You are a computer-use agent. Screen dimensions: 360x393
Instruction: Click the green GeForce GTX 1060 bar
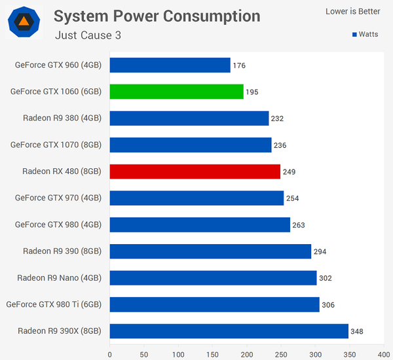(x=176, y=92)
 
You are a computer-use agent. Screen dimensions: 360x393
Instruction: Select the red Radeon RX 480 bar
(x=195, y=171)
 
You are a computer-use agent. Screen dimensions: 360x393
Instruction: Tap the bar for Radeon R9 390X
(x=229, y=331)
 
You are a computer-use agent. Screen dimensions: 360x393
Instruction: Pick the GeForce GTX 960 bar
(x=170, y=65)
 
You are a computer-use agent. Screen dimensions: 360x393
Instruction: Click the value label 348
(x=357, y=331)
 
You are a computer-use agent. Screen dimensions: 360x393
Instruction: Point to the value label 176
(x=239, y=65)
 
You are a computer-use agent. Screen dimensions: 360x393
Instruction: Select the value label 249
(x=289, y=172)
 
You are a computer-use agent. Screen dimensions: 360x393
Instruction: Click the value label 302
(x=326, y=278)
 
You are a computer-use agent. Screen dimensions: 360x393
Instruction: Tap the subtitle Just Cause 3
(x=88, y=35)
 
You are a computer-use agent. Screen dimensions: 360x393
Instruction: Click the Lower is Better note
(x=352, y=11)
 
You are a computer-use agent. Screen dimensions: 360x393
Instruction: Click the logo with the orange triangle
(x=24, y=23)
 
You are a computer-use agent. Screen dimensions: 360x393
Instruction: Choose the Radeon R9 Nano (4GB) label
(x=60, y=278)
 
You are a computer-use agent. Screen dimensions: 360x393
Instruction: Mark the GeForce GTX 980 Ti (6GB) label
(x=54, y=304)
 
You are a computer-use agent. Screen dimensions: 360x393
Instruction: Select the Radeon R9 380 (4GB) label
(x=62, y=118)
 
